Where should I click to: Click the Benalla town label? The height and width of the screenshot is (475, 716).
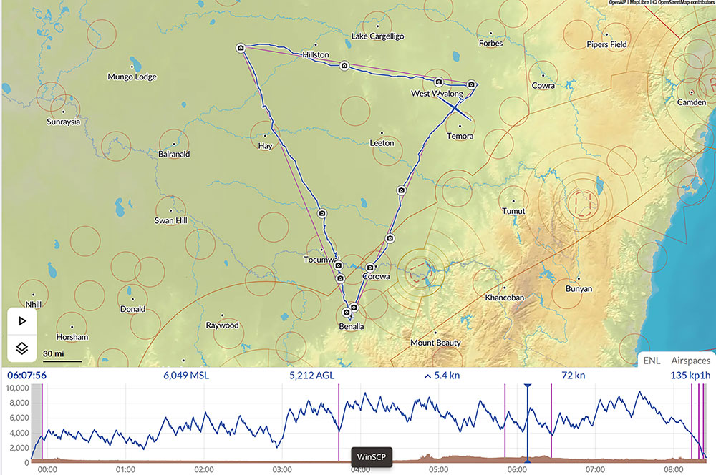pyautogui.click(x=351, y=326)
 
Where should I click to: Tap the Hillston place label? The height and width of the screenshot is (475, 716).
pyautogui.click(x=316, y=54)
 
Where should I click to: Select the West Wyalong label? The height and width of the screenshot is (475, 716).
pyautogui.click(x=437, y=94)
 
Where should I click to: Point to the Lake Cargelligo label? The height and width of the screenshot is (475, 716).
pyautogui.click(x=378, y=36)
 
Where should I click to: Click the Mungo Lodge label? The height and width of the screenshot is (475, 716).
pyautogui.click(x=132, y=77)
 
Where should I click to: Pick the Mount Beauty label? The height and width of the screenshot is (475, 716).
pyautogui.click(x=436, y=343)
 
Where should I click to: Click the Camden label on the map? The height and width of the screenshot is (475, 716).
pyautogui.click(x=691, y=102)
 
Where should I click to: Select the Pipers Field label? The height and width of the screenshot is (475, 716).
pyautogui.click(x=606, y=44)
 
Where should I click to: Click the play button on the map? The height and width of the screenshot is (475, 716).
pyautogui.click(x=22, y=321)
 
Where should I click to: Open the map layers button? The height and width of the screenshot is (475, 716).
pyautogui.click(x=22, y=348)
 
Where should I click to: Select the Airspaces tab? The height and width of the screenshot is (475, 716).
pyautogui.click(x=690, y=361)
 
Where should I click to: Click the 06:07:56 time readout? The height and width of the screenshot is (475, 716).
pyautogui.click(x=26, y=375)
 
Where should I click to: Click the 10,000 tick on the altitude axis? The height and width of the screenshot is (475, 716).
pyautogui.click(x=16, y=388)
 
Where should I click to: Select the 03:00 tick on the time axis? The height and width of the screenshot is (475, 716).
pyautogui.click(x=281, y=470)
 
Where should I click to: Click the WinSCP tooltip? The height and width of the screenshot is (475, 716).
pyautogui.click(x=372, y=456)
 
